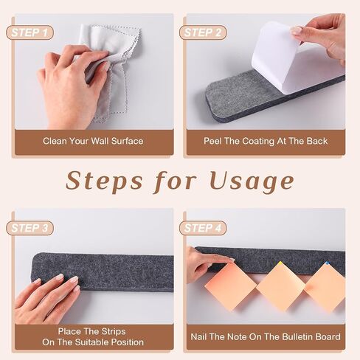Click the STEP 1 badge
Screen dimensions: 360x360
click(30, 32)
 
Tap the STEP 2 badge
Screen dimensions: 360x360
click(203, 32)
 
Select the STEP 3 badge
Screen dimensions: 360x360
click(30, 228)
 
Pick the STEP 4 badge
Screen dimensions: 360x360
click(203, 228)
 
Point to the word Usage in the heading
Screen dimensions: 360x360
click(252, 182)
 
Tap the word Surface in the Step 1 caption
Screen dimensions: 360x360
click(128, 141)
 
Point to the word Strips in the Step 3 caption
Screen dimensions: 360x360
click(114, 331)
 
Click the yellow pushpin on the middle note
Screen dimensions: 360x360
click(280, 263)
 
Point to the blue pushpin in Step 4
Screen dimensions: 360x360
click(327, 263)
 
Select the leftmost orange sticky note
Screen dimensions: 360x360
click(231, 286)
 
